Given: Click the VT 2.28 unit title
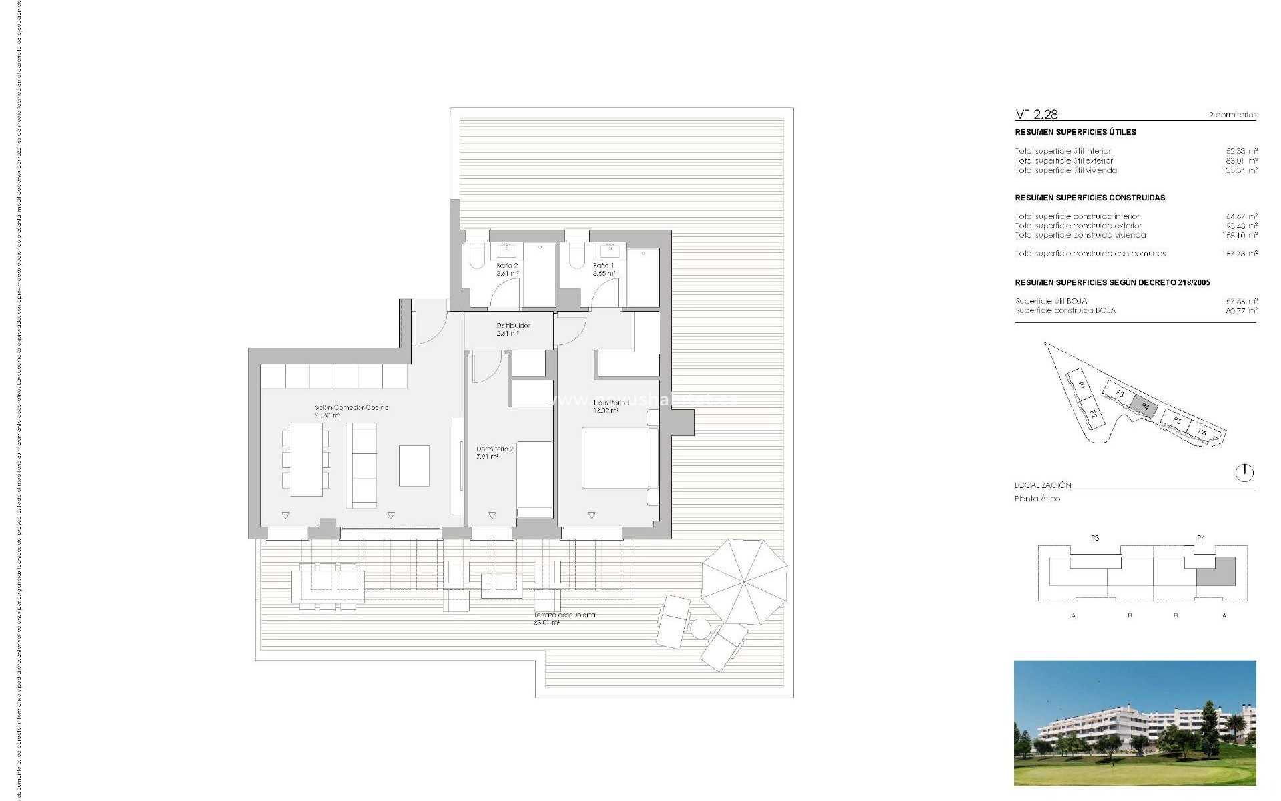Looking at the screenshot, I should coord(1036,115).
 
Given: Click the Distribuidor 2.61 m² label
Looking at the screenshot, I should coord(512,329).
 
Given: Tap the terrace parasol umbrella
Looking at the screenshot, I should coord(743,581).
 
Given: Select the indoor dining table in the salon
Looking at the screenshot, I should coord(306,459).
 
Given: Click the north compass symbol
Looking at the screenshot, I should coord(1244,473).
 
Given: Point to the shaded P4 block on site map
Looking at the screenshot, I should coord(1145,407).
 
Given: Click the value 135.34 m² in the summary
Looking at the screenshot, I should coord(1239,170).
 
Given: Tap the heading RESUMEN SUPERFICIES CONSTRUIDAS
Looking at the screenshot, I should coord(1090,198).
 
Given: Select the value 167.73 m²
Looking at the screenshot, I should coord(1239,254).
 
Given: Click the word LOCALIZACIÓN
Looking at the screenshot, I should coord(1043,485).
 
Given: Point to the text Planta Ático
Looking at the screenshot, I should coord(1037,499).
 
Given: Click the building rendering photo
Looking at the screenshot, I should coord(1134,722).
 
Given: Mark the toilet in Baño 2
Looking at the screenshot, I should coord(478,255).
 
